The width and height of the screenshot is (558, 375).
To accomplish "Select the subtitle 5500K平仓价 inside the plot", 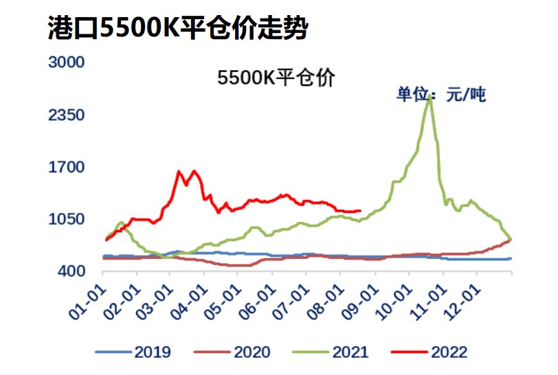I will [276, 78].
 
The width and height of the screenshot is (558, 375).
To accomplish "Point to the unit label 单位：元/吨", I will [440, 95].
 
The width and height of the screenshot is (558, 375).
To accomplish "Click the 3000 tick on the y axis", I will [65, 62].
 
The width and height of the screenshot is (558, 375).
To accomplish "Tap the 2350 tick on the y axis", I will [65, 115].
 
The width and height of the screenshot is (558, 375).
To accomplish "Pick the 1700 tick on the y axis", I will [65, 167].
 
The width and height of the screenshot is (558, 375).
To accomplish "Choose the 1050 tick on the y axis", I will [65, 219].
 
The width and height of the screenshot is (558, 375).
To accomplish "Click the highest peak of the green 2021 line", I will [430, 96].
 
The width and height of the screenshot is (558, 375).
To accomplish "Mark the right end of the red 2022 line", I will [361, 211].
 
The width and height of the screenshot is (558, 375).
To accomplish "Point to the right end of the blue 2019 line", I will [511, 258].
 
